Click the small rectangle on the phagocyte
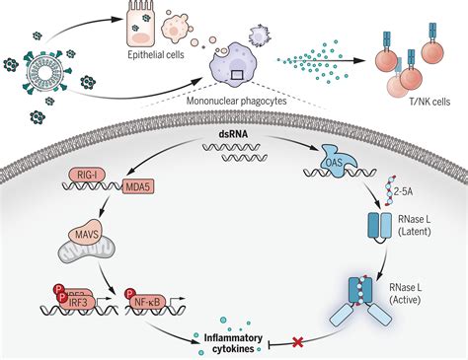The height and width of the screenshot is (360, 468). point(239,73)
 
